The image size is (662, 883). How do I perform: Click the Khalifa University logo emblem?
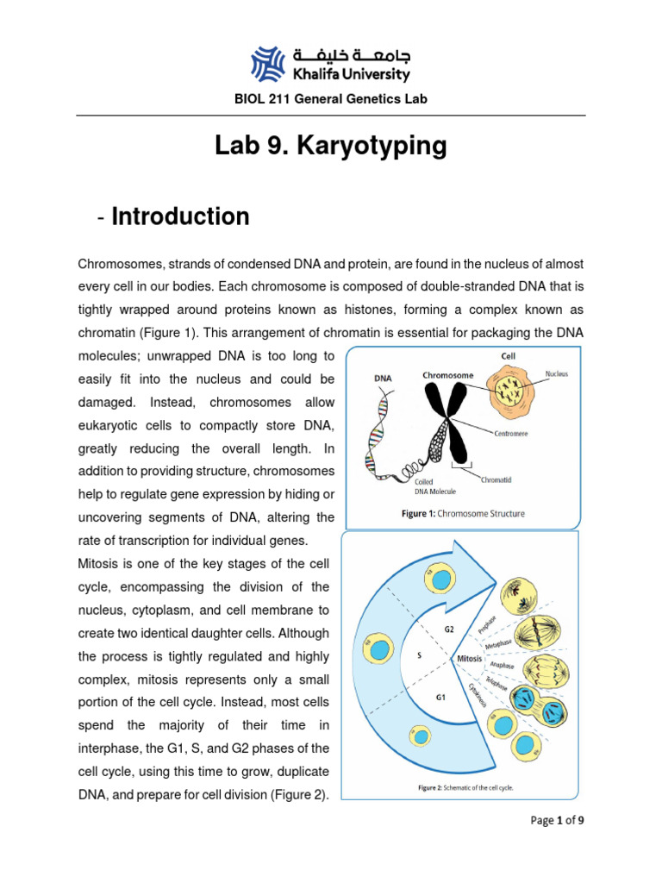[269, 63]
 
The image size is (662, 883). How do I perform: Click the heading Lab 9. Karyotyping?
[331, 147]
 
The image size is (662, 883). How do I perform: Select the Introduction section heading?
[180, 216]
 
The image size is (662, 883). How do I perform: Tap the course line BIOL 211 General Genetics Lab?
[331, 99]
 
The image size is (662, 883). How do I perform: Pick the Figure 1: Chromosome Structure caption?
[462, 514]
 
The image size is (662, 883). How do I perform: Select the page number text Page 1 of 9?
[557, 820]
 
